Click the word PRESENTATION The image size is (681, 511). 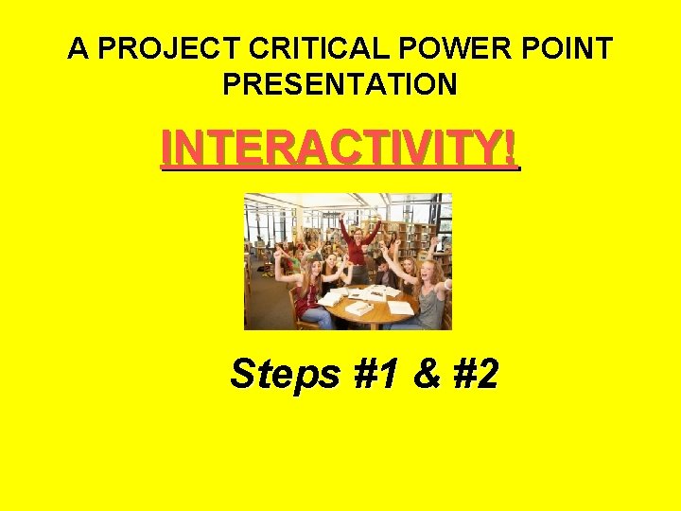340,84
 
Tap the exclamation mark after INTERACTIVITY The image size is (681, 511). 512,149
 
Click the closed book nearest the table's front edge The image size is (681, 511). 359,308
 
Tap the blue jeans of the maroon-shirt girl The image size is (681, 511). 318,318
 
